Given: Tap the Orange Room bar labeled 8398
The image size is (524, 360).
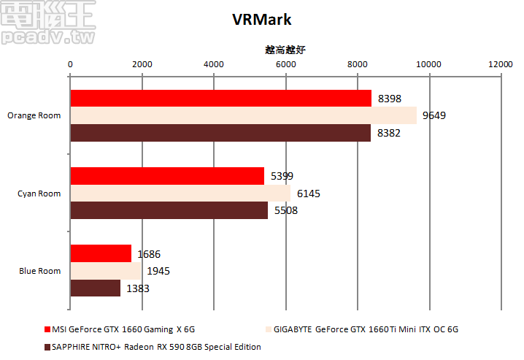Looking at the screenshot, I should coord(220,99).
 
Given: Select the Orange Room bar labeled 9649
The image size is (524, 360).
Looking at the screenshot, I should coord(243,115).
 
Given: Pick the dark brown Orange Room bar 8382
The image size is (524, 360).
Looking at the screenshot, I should coord(220,133).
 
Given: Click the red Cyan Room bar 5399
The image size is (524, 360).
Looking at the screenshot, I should coord(167,176).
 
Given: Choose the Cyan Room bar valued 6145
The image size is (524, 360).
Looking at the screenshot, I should coord(180,193).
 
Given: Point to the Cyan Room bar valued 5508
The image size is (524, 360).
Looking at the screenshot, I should coord(169,210).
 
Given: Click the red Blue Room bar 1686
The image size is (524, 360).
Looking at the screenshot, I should coord(101,253).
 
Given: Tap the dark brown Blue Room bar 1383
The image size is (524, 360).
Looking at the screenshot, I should coord(95,288).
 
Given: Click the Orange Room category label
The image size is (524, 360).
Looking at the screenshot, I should coord(34,115).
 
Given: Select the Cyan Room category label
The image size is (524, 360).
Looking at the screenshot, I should coord(39,194).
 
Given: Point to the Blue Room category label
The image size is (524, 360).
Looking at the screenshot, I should coord(40,271).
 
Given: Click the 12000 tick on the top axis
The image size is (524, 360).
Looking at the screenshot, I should coord(501,65).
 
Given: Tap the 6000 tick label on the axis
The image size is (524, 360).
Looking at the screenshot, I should coord(285,65).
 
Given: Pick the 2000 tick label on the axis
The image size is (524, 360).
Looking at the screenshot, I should coord(142,65).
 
